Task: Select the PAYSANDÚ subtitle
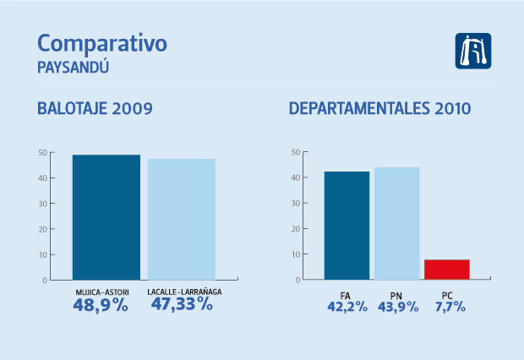[73, 66]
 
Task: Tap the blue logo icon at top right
[473, 51]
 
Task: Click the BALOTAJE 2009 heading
[95, 109]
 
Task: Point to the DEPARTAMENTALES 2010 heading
[379, 109]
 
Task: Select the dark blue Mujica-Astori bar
[106, 217]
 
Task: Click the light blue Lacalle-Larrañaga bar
[181, 219]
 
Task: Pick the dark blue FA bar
[347, 226]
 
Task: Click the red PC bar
[446, 270]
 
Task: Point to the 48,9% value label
[101, 305]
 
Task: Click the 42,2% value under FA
[347, 307]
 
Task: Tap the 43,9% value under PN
[397, 307]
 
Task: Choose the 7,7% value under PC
[447, 307]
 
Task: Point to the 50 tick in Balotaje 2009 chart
[42, 153]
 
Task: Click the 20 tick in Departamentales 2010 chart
[295, 229]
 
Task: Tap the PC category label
[447, 295]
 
